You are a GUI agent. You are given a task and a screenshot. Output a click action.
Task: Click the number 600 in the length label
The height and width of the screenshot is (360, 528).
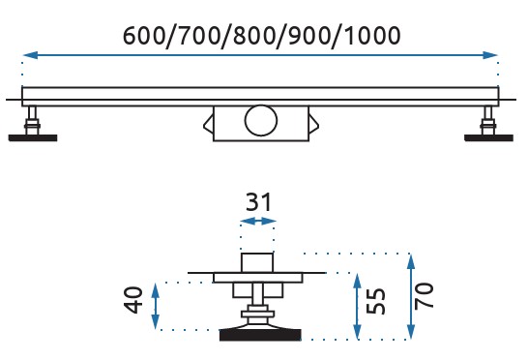[143, 36]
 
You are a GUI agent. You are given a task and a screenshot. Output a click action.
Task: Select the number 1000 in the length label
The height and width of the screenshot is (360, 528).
[372, 36]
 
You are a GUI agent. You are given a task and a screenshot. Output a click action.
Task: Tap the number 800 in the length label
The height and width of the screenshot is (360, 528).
[254, 36]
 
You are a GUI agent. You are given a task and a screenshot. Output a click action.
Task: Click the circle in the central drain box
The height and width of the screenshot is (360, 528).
[261, 120]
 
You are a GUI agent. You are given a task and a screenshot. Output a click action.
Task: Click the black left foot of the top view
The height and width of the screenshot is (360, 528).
[33, 137]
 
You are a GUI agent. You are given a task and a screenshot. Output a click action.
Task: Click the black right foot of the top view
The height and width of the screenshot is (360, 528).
[488, 137]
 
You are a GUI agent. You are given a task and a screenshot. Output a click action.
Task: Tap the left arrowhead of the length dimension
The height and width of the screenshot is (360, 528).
[30, 55]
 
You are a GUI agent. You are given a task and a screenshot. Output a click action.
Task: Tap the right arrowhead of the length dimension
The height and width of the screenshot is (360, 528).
[490, 55]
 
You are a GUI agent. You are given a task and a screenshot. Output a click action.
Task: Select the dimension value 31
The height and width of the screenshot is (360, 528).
[258, 202]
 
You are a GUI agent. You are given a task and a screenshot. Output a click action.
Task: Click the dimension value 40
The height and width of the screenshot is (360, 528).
[133, 300]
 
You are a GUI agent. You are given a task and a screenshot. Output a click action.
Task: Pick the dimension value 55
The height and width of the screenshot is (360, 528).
[375, 301]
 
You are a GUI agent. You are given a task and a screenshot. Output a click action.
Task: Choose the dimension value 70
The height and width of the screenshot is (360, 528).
[424, 296]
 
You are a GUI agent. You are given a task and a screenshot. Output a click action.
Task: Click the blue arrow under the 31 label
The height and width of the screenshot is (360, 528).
[258, 221]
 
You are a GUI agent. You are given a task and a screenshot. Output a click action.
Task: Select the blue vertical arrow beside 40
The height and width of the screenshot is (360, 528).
[156, 306]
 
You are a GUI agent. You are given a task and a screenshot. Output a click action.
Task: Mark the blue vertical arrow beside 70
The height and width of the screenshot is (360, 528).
[411, 296]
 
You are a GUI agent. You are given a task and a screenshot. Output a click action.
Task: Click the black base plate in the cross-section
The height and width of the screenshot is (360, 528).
[260, 335]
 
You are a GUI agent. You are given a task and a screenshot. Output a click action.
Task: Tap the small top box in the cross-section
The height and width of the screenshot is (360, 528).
[256, 262]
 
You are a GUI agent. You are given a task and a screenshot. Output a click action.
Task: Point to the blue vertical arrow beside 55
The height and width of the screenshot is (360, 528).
[358, 307]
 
